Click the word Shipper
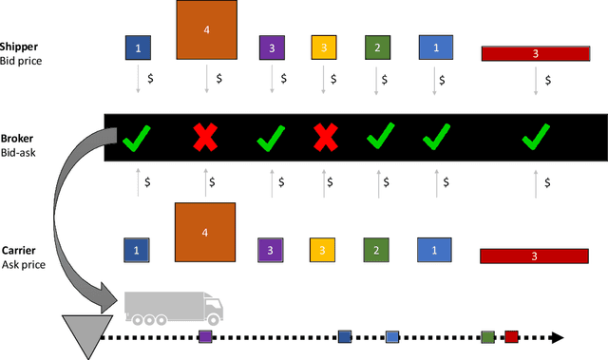[19, 47]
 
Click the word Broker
[17, 138]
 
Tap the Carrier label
[18, 251]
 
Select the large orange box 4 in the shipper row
[206, 29]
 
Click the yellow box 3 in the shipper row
[324, 47]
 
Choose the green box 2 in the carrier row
[377, 250]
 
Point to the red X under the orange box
[205, 141]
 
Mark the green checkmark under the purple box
[271, 141]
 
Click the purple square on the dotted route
[205, 336]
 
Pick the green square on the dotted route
[487, 336]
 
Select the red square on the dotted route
[511, 336]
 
